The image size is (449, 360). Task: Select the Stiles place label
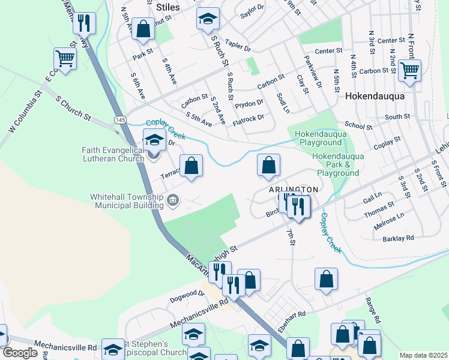click(x=167, y=7)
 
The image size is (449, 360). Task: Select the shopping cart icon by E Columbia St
click(x=64, y=58)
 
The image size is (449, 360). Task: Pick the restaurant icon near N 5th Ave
click(x=83, y=23)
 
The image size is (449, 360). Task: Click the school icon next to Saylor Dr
click(x=208, y=19)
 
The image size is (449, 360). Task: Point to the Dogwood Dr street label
click(x=187, y=294)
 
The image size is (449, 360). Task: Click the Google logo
click(x=20, y=353)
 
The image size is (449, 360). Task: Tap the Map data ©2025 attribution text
click(x=423, y=355)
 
